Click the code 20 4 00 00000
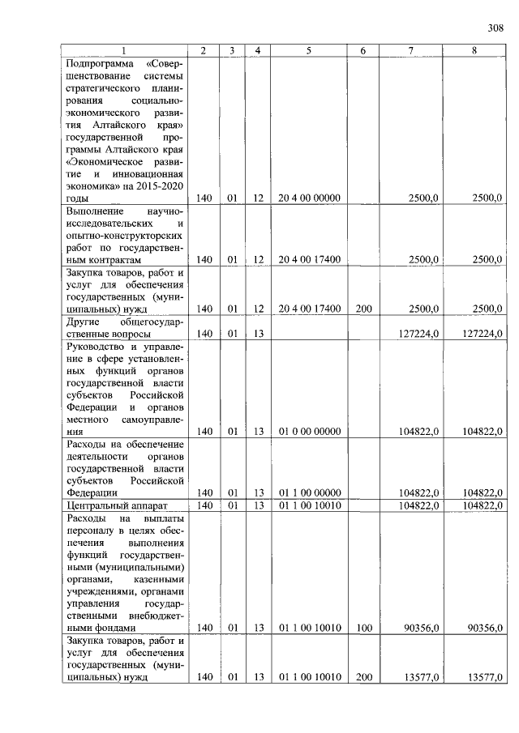(x=309, y=198)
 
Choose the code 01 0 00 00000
(x=309, y=432)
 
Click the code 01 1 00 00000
(x=309, y=492)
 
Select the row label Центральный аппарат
(x=110, y=505)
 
